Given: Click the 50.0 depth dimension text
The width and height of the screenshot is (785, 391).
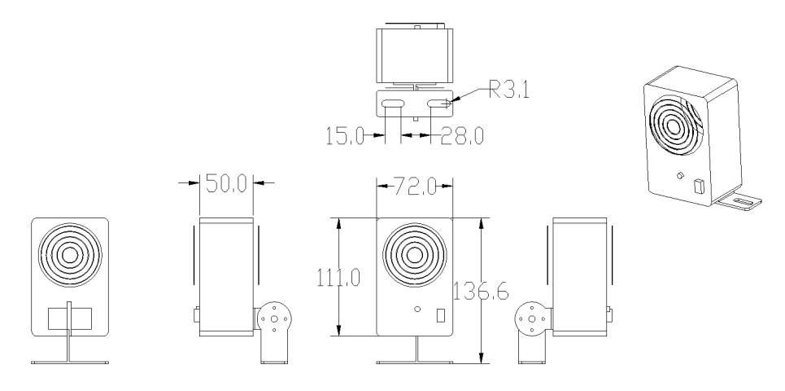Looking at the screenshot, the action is (x=226, y=184).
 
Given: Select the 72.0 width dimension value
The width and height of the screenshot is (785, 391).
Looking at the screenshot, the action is (x=415, y=187).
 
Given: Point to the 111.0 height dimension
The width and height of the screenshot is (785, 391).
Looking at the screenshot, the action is (x=338, y=277).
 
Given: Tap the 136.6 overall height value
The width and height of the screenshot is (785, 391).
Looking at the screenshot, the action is (x=481, y=292).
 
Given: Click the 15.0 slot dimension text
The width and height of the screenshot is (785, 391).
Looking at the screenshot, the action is (x=346, y=136).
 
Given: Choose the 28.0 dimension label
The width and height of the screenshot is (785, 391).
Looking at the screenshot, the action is (x=462, y=136).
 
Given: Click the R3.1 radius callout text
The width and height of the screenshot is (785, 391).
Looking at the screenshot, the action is (x=509, y=90).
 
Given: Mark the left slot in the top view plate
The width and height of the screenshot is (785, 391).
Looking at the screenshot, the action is (x=393, y=103).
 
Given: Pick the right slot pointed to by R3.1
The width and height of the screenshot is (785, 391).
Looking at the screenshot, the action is (x=438, y=103).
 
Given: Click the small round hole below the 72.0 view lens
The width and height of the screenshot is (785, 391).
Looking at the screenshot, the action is (x=417, y=309).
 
